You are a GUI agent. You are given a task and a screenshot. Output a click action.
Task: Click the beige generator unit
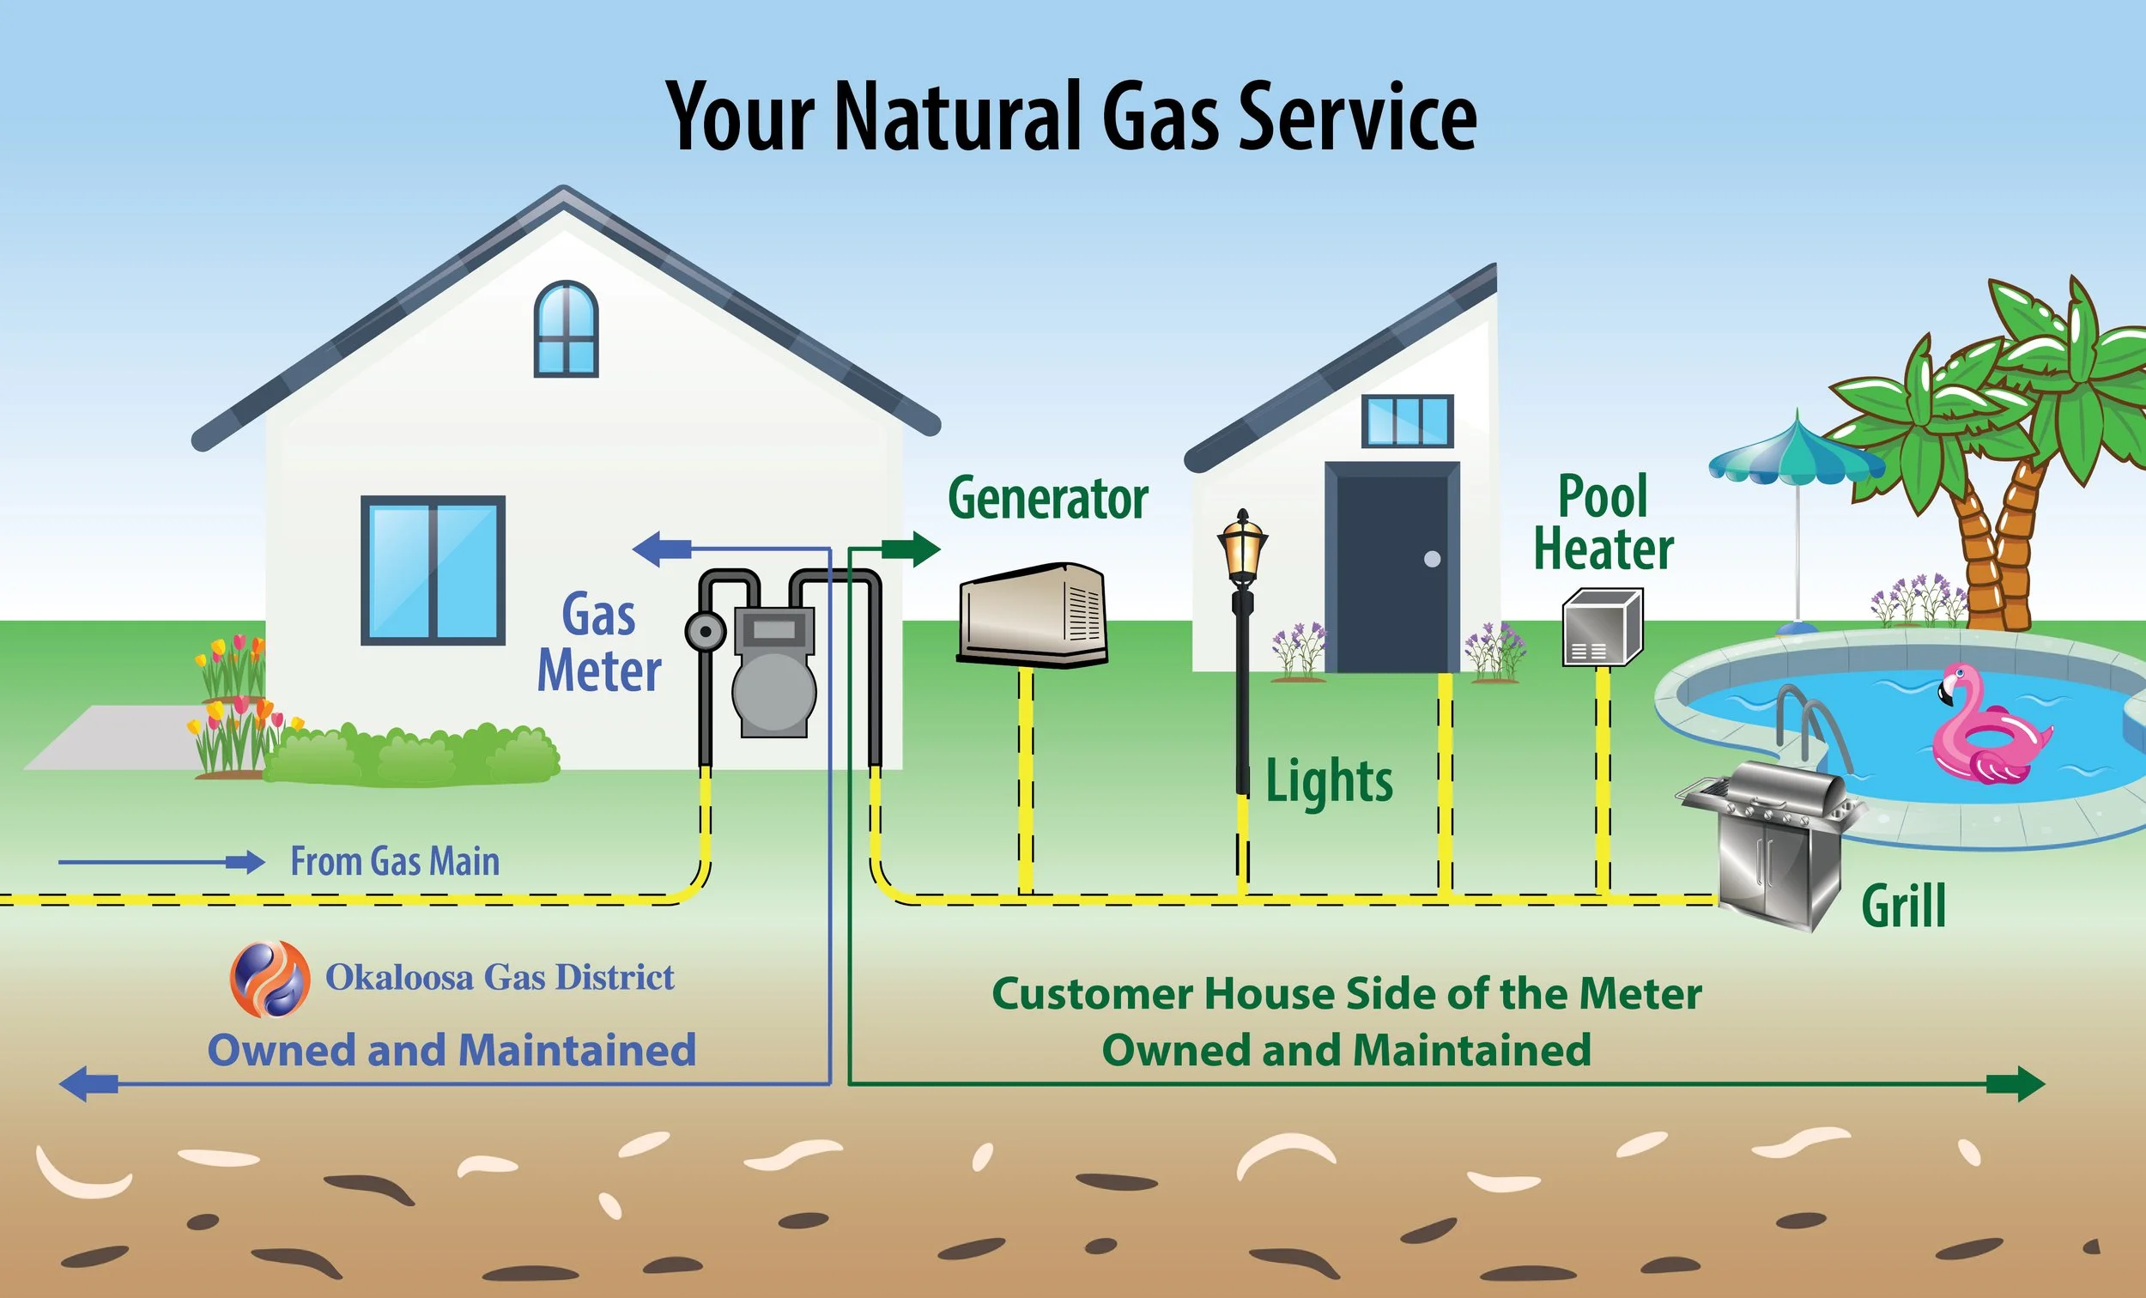(1032, 614)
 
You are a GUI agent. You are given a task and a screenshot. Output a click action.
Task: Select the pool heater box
(1602, 628)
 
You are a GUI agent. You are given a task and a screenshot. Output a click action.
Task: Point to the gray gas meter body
(773, 680)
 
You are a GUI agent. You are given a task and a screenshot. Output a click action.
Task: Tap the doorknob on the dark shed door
(1432, 559)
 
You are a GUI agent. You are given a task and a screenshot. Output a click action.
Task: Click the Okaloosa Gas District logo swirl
(270, 979)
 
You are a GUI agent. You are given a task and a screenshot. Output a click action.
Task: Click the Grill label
(1903, 906)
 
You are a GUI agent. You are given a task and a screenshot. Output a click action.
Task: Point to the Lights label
(1328, 780)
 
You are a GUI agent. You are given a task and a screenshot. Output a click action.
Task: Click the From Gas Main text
(395, 862)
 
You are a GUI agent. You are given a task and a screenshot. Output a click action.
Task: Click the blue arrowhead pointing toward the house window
(653, 549)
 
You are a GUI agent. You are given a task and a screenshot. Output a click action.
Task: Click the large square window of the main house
(433, 571)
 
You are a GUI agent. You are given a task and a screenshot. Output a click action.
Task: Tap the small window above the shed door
(1408, 421)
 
